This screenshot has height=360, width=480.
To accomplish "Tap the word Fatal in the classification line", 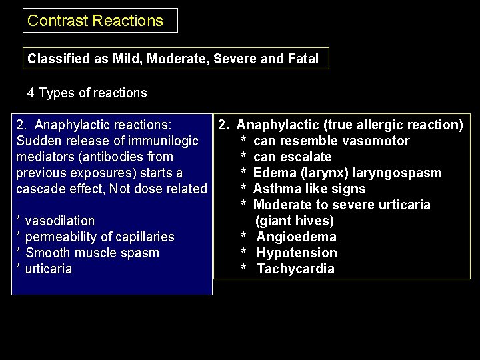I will tap(303, 59).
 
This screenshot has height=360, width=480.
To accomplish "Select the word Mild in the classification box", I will tap(127, 59).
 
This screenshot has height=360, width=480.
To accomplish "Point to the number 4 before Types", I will tap(31, 93).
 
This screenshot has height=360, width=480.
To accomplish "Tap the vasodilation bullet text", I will tap(59, 221).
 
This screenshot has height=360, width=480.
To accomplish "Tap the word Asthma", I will tap(275, 189).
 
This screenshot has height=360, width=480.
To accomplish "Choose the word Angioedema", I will tap(297, 237).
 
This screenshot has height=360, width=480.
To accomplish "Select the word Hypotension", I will tap(297, 253).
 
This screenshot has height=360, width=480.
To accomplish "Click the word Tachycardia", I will tap(296, 269).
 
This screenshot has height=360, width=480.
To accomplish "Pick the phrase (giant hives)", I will tap(295, 221).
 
